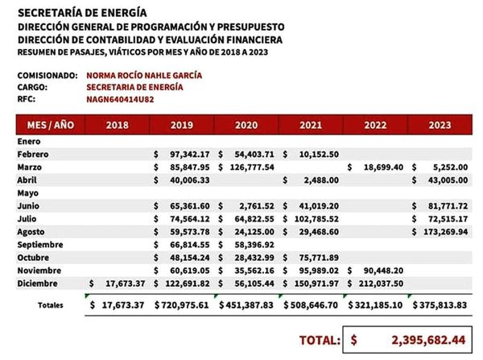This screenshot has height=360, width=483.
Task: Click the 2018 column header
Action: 117,125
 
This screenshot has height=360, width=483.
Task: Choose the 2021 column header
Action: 310,125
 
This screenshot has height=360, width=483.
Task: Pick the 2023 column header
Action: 440,125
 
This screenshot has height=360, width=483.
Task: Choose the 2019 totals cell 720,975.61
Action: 183,305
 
